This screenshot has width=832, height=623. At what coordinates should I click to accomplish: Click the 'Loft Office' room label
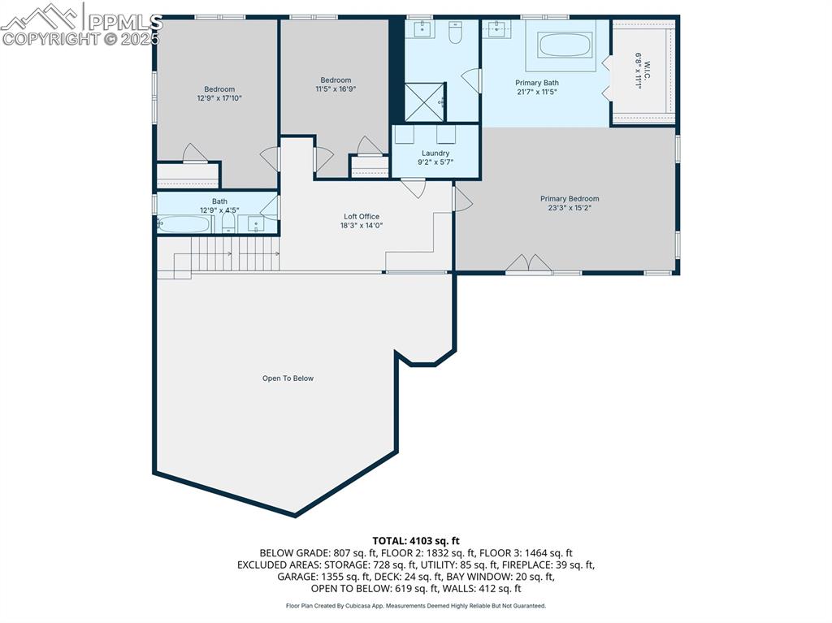pyautogui.click(x=362, y=217)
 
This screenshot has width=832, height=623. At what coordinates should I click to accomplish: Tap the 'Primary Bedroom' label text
pyautogui.click(x=570, y=199)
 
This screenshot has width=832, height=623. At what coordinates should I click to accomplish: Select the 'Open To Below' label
pyautogui.click(x=288, y=379)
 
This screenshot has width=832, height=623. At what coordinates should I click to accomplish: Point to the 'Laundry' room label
pyautogui.click(x=435, y=154)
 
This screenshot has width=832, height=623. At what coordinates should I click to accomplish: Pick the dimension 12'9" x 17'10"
pyautogui.click(x=219, y=98)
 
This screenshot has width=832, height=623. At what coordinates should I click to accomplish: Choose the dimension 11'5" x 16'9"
pyautogui.click(x=336, y=89)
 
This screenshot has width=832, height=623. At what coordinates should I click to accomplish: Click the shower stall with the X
pyautogui.click(x=426, y=102)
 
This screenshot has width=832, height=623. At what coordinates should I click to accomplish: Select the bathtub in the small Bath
pyautogui.click(x=184, y=224)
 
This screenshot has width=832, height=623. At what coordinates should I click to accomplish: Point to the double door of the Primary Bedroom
pyautogui.click(x=529, y=265)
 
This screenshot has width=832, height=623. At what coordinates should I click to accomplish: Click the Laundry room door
pyautogui.click(x=414, y=188)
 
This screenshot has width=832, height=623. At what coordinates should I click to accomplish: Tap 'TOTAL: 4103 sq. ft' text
pyautogui.click(x=416, y=540)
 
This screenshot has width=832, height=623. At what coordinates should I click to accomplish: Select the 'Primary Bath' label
pyautogui.click(x=537, y=83)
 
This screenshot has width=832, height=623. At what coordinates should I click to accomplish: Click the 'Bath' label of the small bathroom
pyautogui.click(x=219, y=201)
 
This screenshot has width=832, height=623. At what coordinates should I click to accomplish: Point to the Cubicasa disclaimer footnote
pyautogui.click(x=416, y=605)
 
